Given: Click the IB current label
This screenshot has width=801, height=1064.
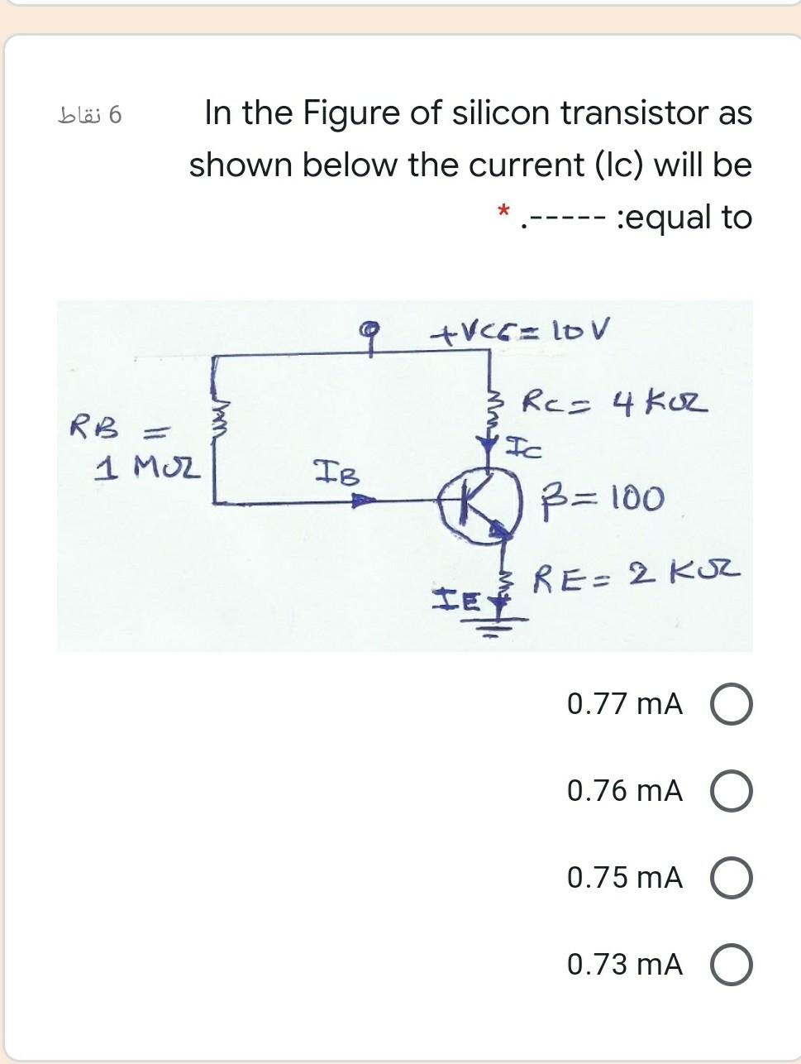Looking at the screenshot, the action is click(336, 476).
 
